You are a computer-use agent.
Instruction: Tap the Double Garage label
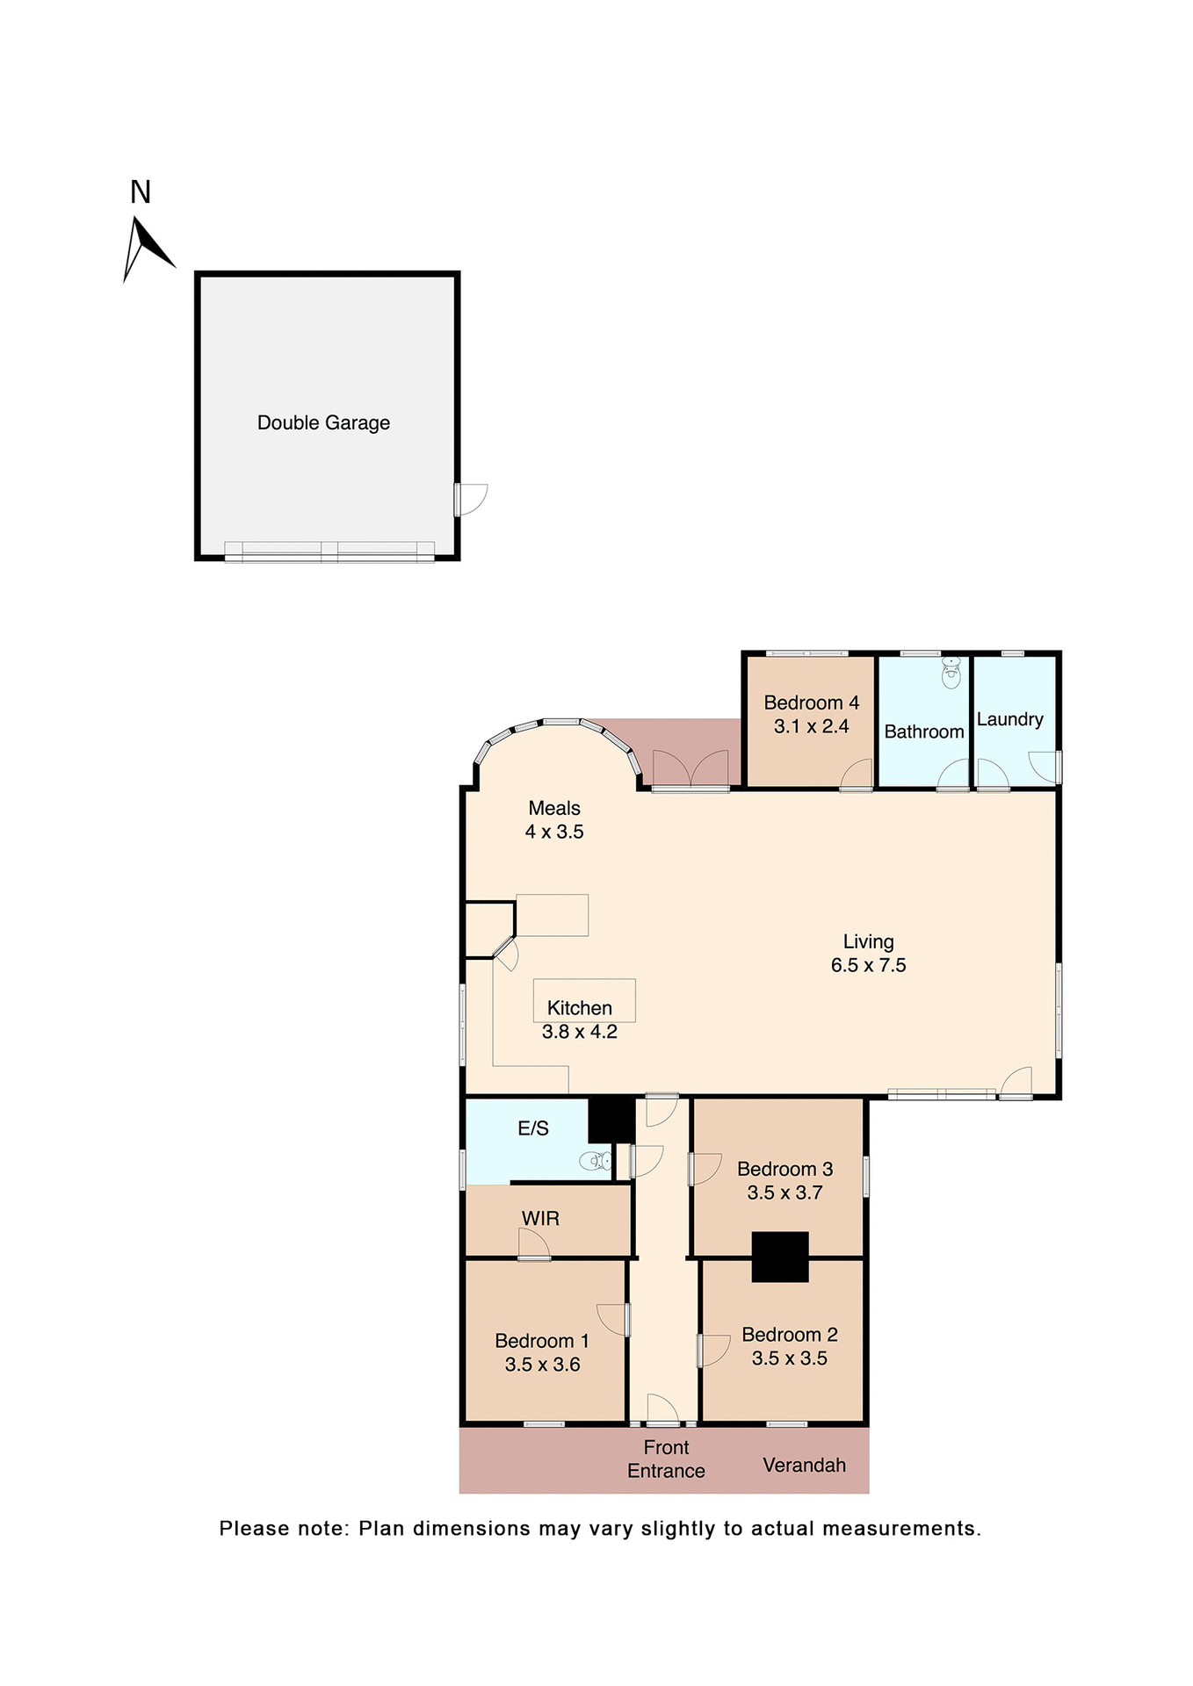click(323, 422)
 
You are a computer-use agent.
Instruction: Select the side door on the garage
click(470, 499)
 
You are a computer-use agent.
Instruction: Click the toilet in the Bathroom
click(951, 674)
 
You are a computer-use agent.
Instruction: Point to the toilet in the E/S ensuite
click(596, 1161)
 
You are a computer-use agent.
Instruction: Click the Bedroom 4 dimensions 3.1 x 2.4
click(811, 726)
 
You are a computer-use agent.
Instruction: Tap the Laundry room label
click(1009, 719)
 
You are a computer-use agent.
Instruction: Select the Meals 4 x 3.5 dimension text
click(554, 832)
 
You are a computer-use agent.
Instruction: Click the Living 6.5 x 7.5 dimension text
click(868, 965)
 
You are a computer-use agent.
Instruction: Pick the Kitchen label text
click(579, 1008)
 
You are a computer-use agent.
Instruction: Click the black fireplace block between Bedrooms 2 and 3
click(779, 1257)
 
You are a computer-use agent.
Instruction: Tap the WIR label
click(540, 1218)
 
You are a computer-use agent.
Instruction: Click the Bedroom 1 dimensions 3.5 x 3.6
click(542, 1365)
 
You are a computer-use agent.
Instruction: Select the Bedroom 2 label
click(789, 1335)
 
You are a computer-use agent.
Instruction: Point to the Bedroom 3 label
click(784, 1169)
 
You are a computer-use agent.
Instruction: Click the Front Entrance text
click(666, 1459)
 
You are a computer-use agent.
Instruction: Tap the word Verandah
click(804, 1465)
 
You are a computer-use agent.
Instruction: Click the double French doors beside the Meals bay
click(690, 769)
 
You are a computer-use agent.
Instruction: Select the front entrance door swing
click(662, 1409)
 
